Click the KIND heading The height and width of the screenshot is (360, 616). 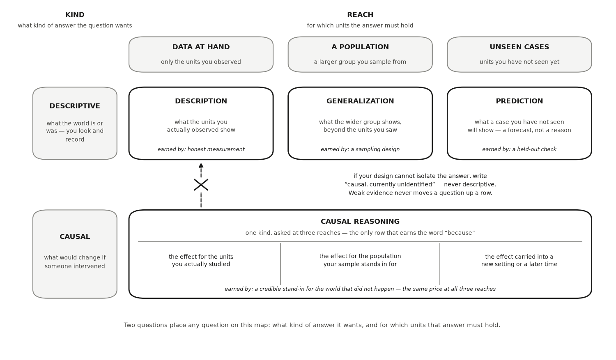75,15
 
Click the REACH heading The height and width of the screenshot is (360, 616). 360,15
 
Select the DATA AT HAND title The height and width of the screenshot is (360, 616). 201,47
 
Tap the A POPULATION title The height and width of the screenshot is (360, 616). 360,47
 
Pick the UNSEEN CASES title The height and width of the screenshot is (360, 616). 519,47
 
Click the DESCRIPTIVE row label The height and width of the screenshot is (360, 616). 75,106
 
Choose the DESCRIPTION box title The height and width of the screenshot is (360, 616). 201,101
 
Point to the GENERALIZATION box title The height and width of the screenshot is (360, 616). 360,101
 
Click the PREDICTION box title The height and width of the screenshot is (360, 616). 519,101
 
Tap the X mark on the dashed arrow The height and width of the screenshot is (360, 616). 201,185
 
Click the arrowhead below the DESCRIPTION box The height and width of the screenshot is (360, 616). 201,165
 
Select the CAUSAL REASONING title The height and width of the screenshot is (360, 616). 360,222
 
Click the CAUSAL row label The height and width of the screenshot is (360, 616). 75,236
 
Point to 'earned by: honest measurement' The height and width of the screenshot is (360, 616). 201,149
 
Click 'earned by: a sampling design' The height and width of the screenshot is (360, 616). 360,149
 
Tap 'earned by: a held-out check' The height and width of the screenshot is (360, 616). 519,149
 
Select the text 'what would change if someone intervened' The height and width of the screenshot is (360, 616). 75,262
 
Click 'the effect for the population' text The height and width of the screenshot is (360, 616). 360,256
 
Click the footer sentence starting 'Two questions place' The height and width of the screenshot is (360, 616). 312,325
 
